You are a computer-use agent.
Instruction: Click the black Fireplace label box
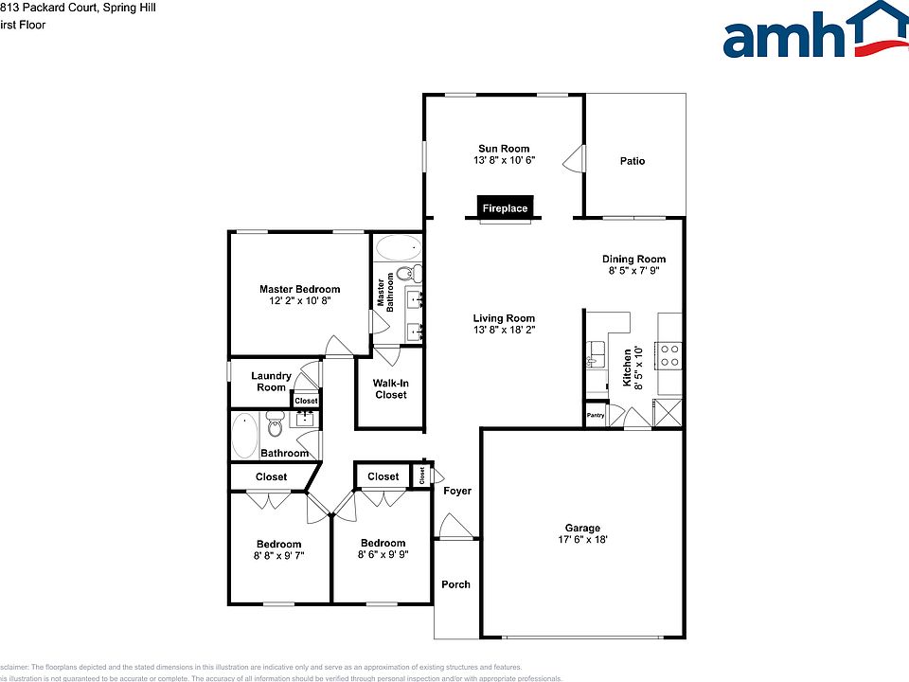point(505,207)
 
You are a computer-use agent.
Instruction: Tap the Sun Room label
point(504,149)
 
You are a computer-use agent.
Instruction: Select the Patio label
point(633,161)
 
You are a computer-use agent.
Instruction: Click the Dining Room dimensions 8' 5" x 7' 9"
point(633,271)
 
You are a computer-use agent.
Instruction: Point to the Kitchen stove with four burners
point(669,355)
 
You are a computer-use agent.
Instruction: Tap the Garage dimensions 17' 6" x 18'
point(582,540)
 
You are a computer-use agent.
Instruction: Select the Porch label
point(455,584)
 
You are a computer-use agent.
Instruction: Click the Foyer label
point(456,491)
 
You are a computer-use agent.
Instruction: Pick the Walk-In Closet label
point(389,388)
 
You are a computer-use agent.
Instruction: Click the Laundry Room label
point(271,381)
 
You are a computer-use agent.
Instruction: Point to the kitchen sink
point(596,354)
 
